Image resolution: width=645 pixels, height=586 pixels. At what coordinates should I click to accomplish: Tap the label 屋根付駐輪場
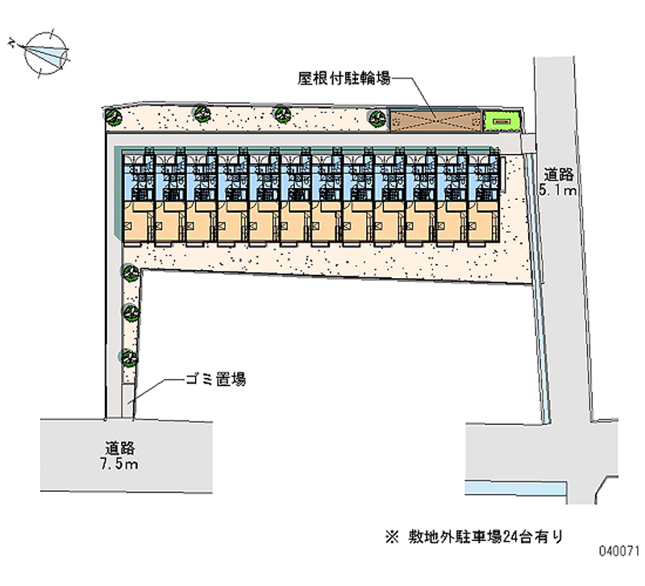pos(344,78)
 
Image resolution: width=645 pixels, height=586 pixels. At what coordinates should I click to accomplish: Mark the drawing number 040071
pos(618,557)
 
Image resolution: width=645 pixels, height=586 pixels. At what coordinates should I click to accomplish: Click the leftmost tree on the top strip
pos(110,114)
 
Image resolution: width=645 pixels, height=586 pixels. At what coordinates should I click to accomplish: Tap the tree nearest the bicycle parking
pos(376,117)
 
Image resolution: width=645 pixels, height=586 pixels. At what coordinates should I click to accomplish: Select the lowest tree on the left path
pos(127,355)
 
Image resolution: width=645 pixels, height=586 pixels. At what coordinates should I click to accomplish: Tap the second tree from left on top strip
pos(201,113)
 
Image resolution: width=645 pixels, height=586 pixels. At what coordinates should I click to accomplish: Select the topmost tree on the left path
pos(127,272)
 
